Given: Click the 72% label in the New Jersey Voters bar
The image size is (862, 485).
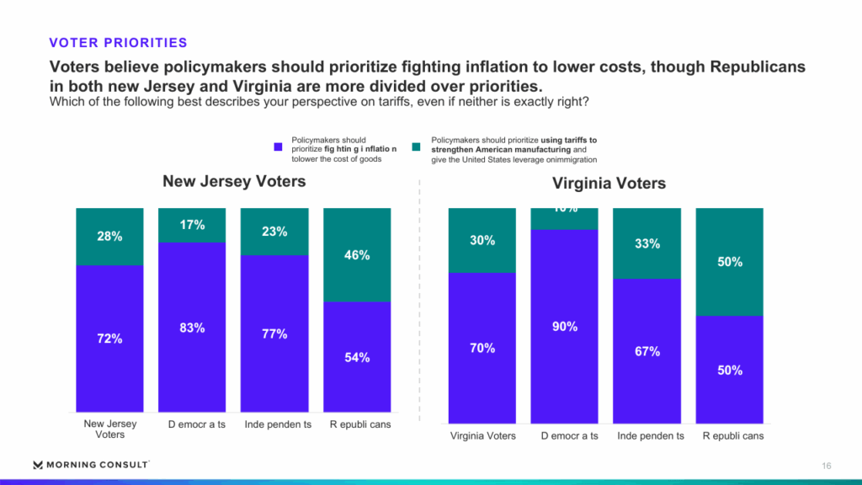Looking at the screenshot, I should [x=109, y=338].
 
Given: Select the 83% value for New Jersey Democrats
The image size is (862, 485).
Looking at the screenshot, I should [x=192, y=328].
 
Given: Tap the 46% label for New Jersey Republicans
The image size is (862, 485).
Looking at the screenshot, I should [x=357, y=255].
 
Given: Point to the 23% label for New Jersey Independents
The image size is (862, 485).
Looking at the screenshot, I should [x=274, y=232].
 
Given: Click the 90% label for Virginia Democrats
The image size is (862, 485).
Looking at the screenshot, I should [x=564, y=327].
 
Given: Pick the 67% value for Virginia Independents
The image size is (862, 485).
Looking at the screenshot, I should [x=646, y=351].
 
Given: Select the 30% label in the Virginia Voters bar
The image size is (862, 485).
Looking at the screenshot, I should [x=482, y=240].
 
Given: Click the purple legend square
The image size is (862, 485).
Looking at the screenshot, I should [x=279, y=147].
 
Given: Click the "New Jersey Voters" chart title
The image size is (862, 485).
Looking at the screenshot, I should [x=234, y=181].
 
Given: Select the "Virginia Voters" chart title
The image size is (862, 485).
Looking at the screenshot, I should [x=609, y=183].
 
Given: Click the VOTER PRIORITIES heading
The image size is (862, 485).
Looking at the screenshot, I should [x=118, y=43].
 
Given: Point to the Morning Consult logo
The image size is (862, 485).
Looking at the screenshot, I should [x=91, y=465].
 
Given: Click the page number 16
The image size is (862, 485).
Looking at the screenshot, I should [x=827, y=466].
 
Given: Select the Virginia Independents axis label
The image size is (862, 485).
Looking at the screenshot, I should [x=650, y=435].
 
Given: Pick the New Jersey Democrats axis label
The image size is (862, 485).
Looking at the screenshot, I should [x=192, y=424].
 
